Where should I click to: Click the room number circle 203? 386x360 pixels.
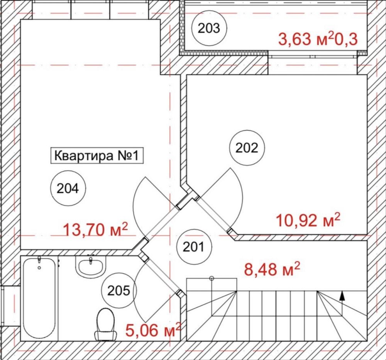coord(209,28)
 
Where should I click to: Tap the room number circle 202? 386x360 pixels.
coord(247,148)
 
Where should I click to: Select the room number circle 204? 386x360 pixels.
coord(68,188)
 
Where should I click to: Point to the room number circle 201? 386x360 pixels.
coord(194,247)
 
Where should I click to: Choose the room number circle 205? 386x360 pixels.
coord(119,290)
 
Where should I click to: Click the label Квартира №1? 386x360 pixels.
coord(97,156)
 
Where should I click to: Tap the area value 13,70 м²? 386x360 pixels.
coord(96,229)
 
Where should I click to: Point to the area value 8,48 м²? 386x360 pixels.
coord(272,269)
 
